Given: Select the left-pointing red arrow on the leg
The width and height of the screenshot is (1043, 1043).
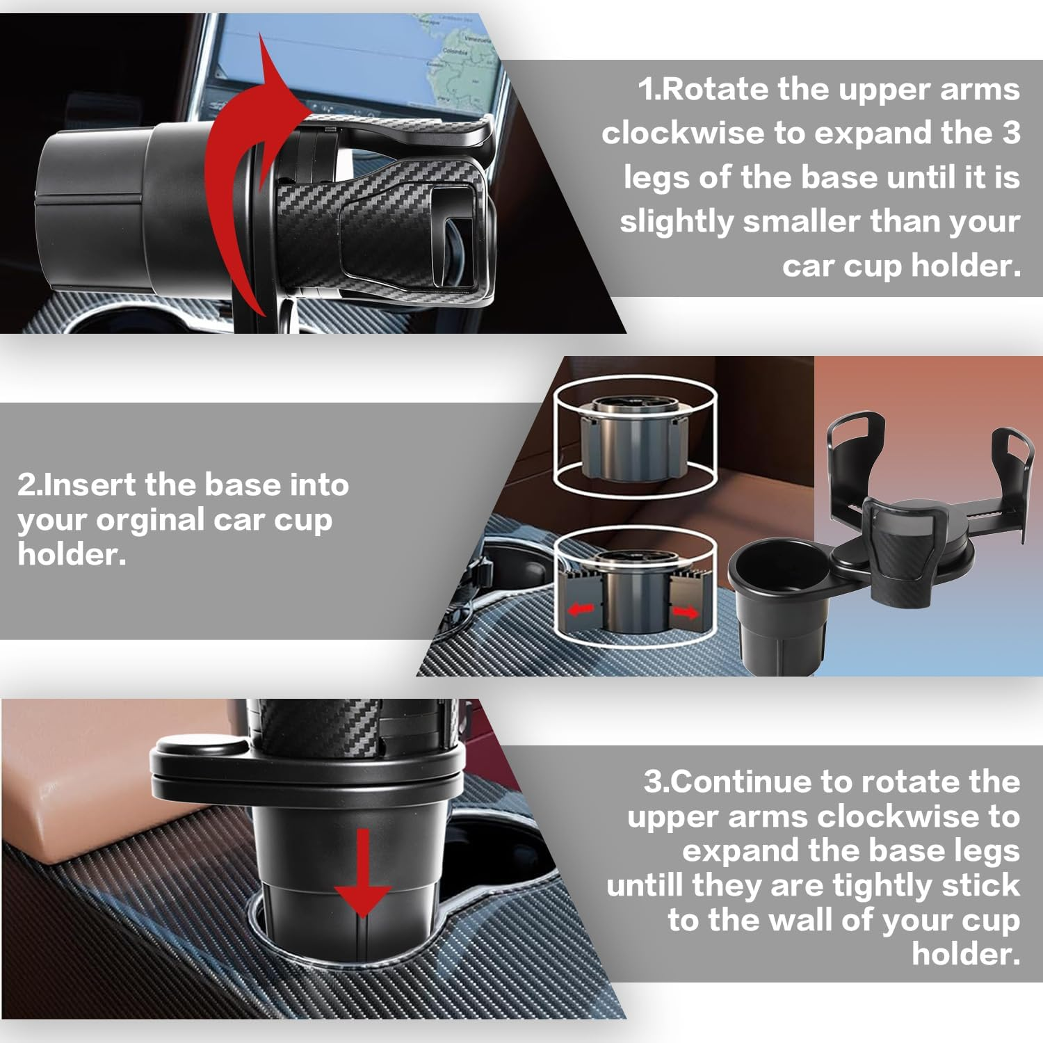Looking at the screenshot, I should [x=582, y=610].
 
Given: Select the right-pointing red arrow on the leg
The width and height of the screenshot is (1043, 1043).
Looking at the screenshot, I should [x=686, y=612].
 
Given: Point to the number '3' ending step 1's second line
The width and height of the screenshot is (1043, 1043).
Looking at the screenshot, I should [x=1010, y=133].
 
